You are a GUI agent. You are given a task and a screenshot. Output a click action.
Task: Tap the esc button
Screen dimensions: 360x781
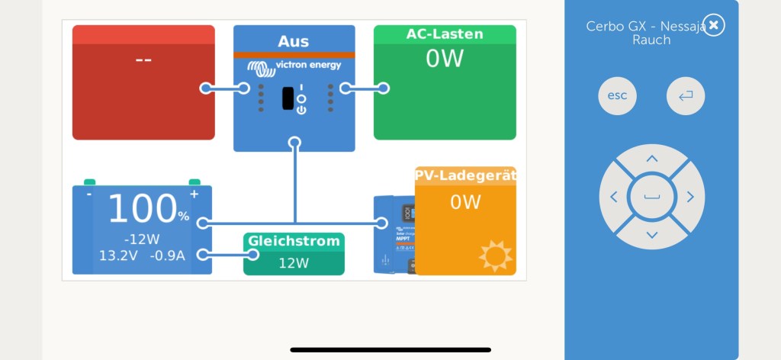pos(617,96)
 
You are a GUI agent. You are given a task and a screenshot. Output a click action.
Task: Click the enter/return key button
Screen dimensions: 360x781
pos(686,96)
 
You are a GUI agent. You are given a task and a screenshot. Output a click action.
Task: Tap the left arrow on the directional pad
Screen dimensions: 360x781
pos(614,197)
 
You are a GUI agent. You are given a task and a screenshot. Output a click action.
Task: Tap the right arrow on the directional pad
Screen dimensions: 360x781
pos(690,197)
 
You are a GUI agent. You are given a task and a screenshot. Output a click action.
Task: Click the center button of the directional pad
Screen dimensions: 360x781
pos(652,197)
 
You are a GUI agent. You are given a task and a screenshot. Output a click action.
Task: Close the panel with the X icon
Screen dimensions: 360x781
pos(713,25)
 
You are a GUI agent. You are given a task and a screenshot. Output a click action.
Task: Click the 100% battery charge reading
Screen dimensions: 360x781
pos(148,209)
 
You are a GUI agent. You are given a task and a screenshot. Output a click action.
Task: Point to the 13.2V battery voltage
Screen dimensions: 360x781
pos(117,256)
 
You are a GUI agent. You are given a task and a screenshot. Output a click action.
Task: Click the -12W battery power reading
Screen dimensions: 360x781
pos(143,238)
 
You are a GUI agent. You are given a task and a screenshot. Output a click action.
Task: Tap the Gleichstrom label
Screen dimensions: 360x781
pos(294,241)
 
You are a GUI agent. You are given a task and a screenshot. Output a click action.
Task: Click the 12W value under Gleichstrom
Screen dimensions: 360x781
pos(294,263)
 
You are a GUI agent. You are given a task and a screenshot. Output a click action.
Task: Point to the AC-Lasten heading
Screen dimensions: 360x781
pos(445,34)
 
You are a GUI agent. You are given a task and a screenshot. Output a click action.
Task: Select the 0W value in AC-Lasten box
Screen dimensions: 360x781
pos(445,59)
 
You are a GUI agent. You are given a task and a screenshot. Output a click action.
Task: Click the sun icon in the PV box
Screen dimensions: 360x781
pos(496,256)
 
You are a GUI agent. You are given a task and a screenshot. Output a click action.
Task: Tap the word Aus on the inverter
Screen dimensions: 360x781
pos(294,41)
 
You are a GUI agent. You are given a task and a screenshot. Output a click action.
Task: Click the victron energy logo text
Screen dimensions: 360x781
pos(308,66)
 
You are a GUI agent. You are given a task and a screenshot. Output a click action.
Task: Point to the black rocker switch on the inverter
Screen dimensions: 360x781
pos(288,98)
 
